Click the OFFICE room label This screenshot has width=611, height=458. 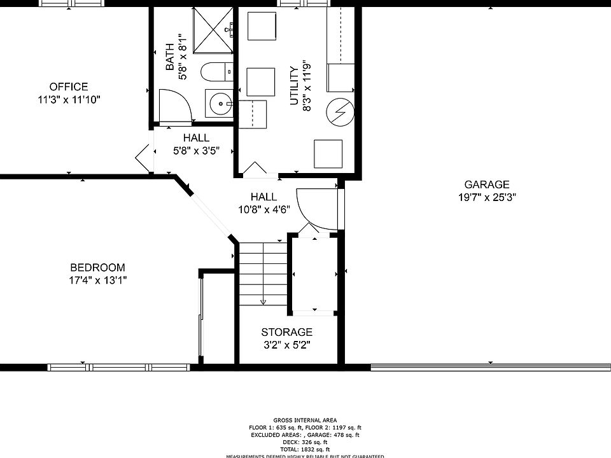(x=69, y=87)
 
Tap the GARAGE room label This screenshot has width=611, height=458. (x=487, y=184)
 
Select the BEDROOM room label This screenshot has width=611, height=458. (x=97, y=268)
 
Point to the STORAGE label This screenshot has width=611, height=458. (x=287, y=332)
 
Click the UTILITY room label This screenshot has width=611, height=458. (x=294, y=86)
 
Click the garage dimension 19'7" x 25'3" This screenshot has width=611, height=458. (x=487, y=197)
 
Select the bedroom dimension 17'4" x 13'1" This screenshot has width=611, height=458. (x=97, y=280)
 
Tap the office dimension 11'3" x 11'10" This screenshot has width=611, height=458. (x=69, y=99)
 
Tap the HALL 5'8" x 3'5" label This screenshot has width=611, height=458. (x=196, y=144)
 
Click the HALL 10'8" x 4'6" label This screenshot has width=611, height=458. (x=263, y=204)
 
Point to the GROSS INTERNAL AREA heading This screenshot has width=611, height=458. (x=305, y=420)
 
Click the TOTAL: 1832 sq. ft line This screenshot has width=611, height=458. (x=305, y=449)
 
